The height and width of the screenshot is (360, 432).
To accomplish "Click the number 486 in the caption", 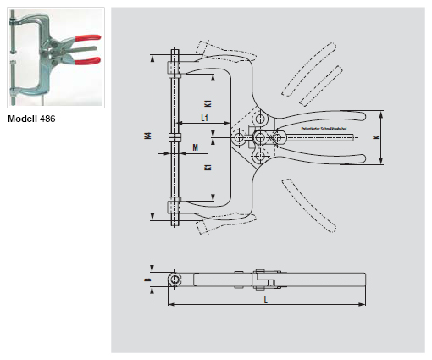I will (47, 119).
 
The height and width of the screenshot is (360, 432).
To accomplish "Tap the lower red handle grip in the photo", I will (88, 60).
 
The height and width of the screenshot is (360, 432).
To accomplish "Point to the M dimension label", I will (195, 147).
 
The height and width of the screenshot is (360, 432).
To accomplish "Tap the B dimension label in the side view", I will (147, 280).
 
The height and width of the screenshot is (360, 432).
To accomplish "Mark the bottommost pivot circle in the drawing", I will (259, 154).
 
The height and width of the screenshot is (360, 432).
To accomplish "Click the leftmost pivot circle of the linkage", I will (240, 137).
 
